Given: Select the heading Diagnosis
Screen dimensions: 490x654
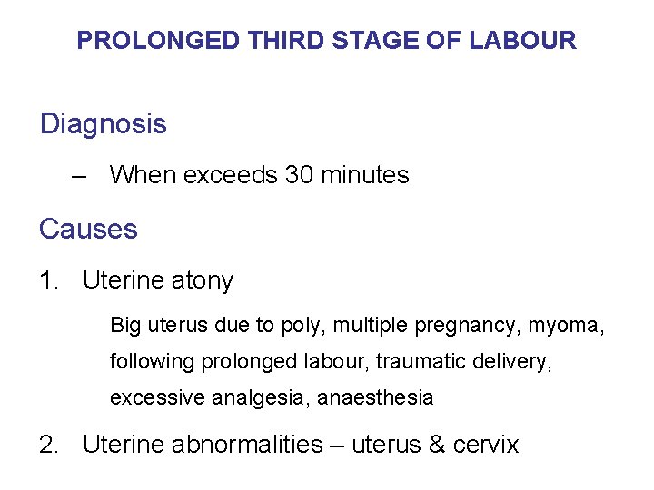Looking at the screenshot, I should [x=104, y=124].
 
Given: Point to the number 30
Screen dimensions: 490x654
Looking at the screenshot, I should [x=300, y=175].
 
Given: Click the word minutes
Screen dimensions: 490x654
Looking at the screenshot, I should [x=365, y=175].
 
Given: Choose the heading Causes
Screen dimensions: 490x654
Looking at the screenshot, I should [x=88, y=230].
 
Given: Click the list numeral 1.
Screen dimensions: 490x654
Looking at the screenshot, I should [x=48, y=281].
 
